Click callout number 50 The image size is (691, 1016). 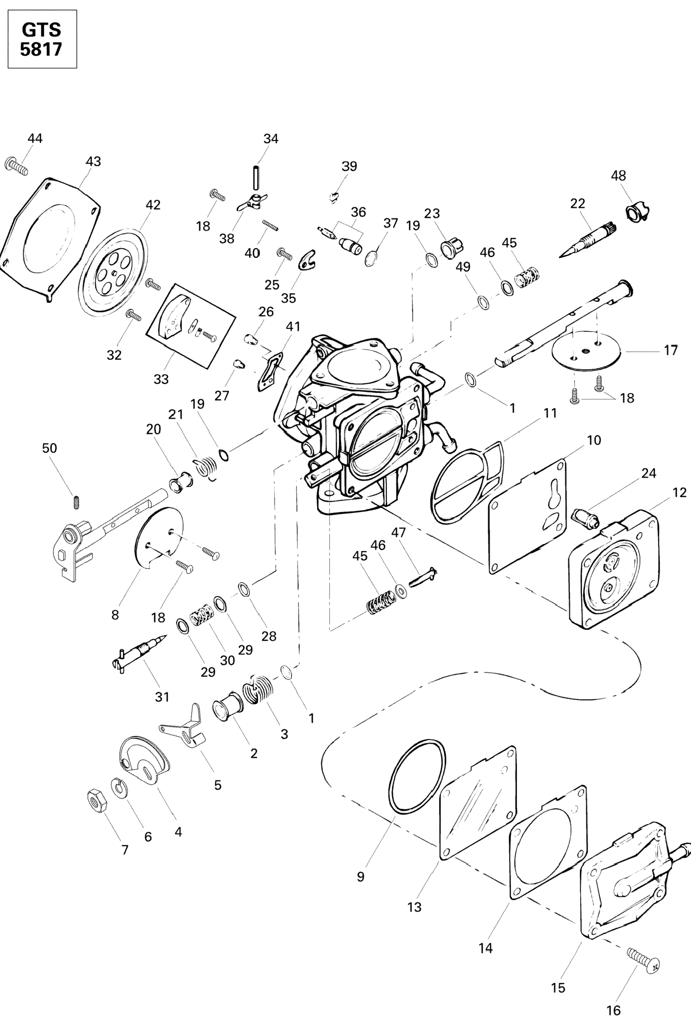click(x=49, y=448)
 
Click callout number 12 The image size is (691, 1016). click(x=679, y=493)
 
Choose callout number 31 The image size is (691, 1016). click(x=162, y=696)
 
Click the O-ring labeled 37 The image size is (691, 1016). click(x=371, y=259)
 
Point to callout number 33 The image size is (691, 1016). click(x=161, y=379)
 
